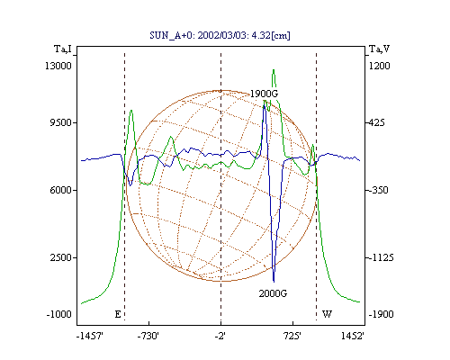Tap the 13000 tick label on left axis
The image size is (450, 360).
(x=58, y=66)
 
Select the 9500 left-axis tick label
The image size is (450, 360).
(x=60, y=122)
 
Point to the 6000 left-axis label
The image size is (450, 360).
(x=60, y=190)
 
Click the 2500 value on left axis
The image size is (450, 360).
(x=60, y=257)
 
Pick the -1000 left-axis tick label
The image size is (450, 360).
(x=58, y=314)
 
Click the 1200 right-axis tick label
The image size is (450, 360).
(x=379, y=66)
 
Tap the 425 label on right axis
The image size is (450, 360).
(x=376, y=122)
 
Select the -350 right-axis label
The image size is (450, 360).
(x=378, y=190)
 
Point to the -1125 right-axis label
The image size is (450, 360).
(x=381, y=257)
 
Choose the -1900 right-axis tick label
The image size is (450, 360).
(x=381, y=314)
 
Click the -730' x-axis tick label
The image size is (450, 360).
(x=148, y=336)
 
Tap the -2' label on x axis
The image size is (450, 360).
(x=220, y=336)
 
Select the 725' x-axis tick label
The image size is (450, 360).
(x=292, y=336)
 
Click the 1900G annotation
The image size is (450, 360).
(x=264, y=94)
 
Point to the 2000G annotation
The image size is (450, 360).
(x=273, y=293)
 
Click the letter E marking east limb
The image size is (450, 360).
(x=118, y=314)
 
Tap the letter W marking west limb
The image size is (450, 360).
(x=327, y=314)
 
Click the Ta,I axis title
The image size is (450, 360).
(x=63, y=49)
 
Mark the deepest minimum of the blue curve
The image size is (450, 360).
(x=274, y=282)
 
